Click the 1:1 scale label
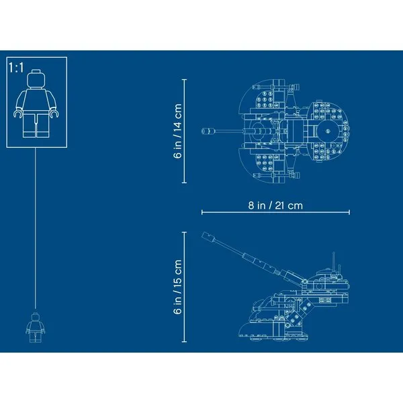click(x=16, y=68)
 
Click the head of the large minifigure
click(x=36, y=79)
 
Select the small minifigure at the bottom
click(x=36, y=328)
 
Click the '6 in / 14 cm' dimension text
click(x=177, y=131)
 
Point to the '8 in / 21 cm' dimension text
click(x=275, y=206)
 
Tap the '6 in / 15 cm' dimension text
click(x=177, y=287)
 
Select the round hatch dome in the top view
click(x=328, y=132)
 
